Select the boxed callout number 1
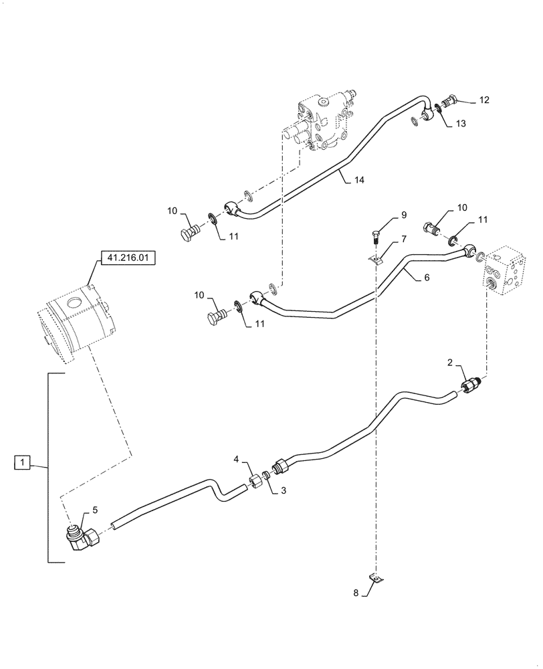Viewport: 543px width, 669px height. (x=22, y=462)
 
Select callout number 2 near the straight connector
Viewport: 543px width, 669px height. (x=451, y=363)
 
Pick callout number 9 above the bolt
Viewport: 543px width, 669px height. (x=403, y=215)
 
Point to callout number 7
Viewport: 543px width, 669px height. (x=403, y=239)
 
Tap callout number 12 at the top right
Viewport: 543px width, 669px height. (x=483, y=100)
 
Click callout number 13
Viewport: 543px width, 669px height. (x=461, y=123)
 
